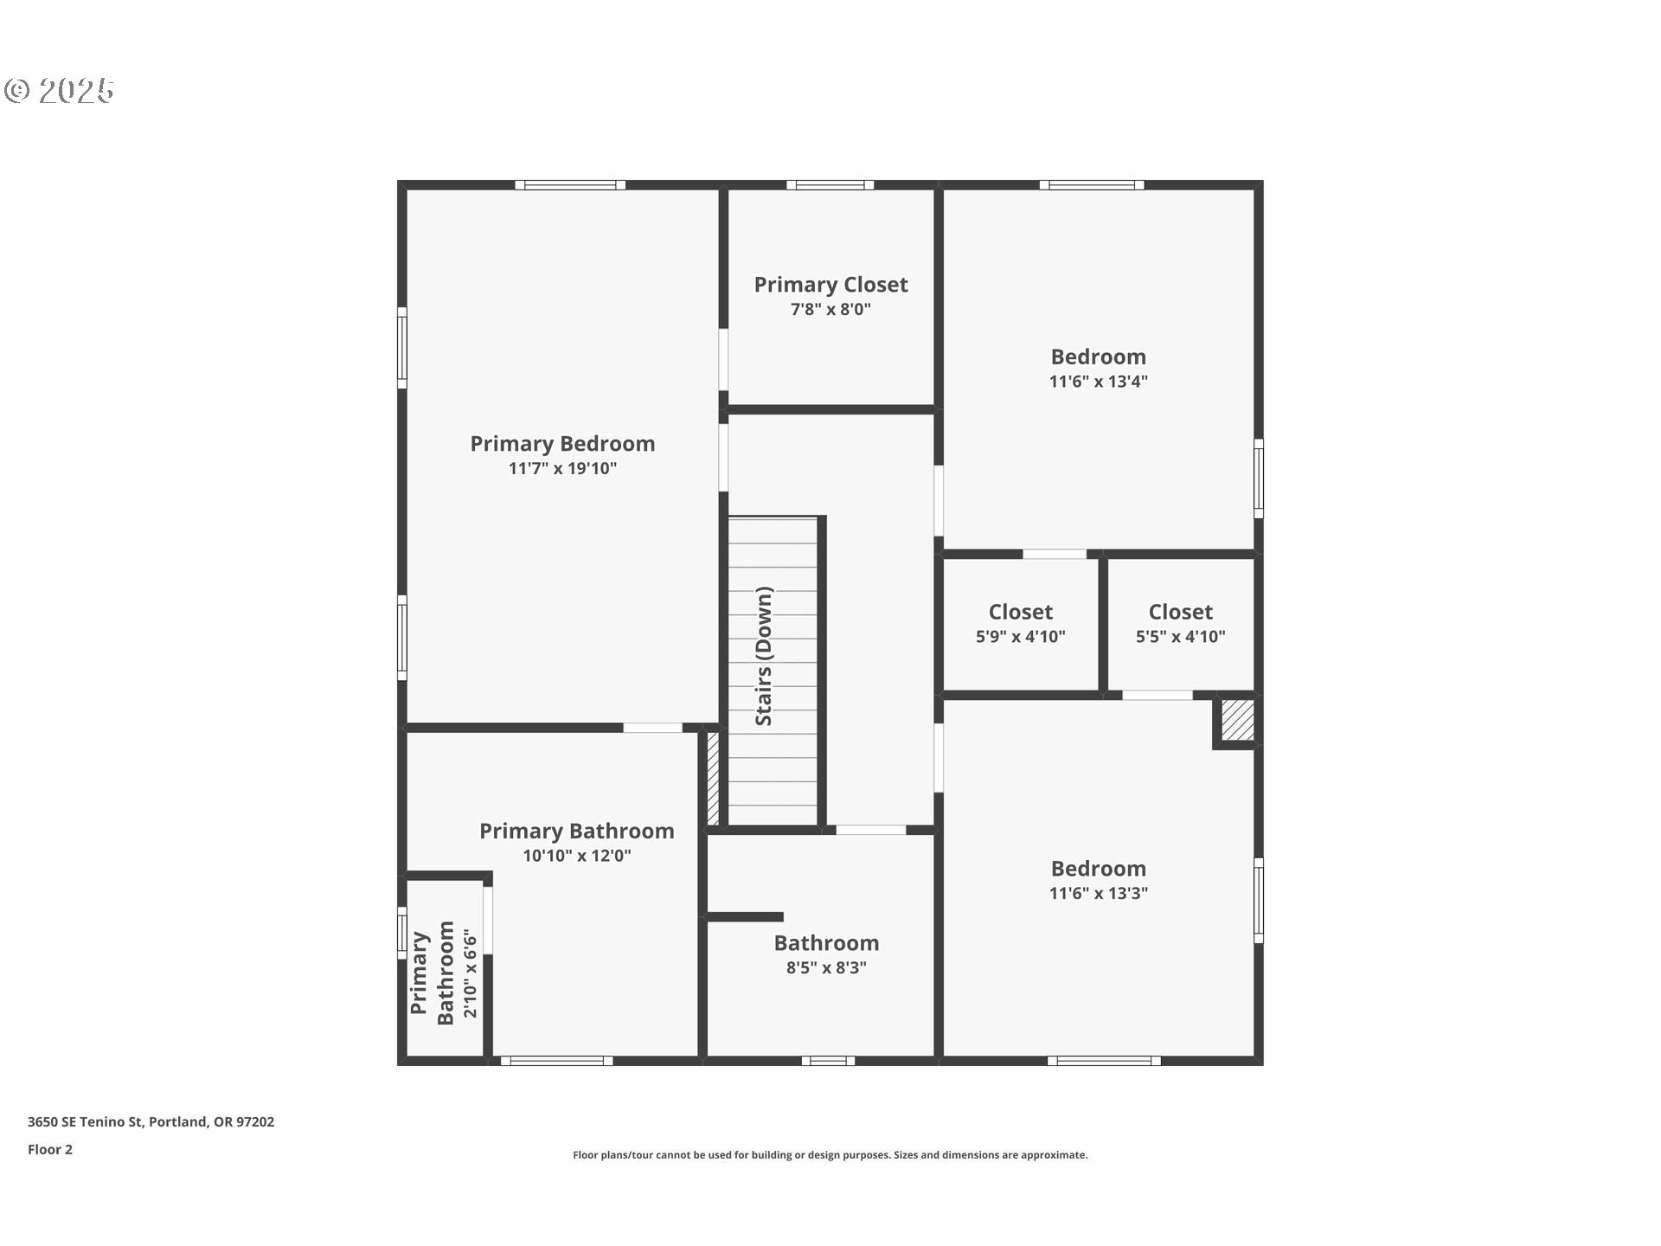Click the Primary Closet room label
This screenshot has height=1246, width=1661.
click(830, 285)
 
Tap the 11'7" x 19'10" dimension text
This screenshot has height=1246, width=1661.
click(562, 468)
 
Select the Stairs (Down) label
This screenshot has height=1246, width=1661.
click(764, 656)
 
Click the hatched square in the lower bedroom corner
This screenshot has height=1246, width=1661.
click(1238, 720)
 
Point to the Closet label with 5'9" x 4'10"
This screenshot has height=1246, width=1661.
click(1021, 612)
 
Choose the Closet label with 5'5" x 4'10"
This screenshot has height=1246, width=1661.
click(1181, 612)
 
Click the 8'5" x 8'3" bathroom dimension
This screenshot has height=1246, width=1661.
click(826, 967)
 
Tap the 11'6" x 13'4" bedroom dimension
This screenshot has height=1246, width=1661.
click(1099, 382)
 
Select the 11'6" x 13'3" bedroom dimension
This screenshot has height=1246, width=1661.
click(1099, 893)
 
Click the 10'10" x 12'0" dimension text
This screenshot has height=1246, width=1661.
click(577, 856)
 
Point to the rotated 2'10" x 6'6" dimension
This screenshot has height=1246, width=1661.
click(470, 973)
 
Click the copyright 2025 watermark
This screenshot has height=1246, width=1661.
click(59, 90)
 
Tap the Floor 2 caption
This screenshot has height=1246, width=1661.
click(50, 1149)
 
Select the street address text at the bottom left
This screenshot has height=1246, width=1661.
click(151, 1121)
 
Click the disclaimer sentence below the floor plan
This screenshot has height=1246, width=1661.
click(830, 1154)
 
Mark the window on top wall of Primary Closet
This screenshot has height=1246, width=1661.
click(830, 184)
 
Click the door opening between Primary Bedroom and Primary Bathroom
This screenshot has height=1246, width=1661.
click(653, 728)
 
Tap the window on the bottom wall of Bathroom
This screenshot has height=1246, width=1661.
click(828, 1061)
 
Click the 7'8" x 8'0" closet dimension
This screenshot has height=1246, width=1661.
click(830, 309)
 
